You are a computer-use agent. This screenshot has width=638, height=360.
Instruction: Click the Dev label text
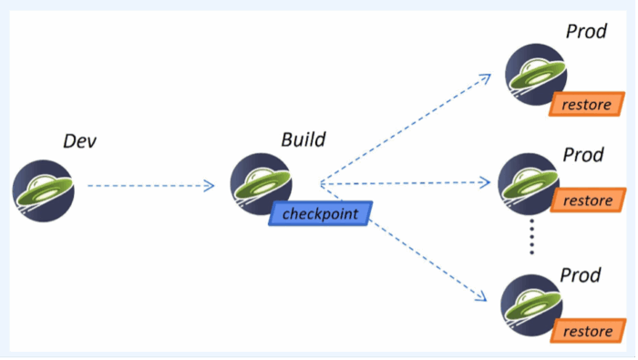(80, 141)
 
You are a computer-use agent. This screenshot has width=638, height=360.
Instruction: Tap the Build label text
(304, 139)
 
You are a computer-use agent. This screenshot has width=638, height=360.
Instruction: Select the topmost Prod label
(586, 31)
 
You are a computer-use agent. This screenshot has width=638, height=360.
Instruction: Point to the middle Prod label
(583, 155)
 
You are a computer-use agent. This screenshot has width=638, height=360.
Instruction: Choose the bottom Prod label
(581, 275)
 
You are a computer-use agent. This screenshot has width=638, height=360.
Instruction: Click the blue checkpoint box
(320, 213)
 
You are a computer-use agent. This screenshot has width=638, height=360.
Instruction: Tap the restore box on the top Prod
(587, 104)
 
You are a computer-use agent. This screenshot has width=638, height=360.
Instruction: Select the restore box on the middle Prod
(588, 201)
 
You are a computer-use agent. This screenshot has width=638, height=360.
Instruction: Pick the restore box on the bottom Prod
(588, 331)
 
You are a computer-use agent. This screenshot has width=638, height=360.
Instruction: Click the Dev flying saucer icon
(43, 190)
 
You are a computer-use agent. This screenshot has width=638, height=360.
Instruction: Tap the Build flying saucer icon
(261, 184)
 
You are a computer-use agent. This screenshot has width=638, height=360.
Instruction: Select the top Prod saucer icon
(536, 75)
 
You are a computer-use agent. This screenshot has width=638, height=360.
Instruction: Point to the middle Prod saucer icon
(529, 184)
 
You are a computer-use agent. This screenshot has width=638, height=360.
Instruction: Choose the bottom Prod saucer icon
(531, 305)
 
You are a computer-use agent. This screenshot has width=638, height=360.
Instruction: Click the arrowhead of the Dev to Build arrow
(210, 186)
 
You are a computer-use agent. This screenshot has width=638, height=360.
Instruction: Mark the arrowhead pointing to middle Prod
(485, 182)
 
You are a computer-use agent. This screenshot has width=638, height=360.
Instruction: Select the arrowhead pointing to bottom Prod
(481, 296)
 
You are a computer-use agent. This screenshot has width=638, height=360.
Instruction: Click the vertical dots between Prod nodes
(531, 237)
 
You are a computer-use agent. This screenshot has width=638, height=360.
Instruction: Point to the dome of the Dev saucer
(42, 180)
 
